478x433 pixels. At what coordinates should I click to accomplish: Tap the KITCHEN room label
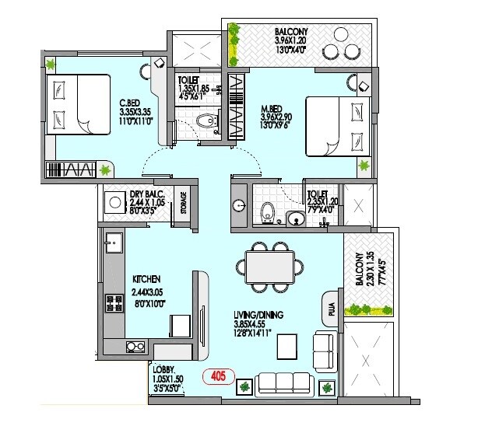146,278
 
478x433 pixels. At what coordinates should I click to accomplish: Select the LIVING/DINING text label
258,315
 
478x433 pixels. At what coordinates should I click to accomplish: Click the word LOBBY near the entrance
163,368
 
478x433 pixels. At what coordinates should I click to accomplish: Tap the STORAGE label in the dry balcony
184,204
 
